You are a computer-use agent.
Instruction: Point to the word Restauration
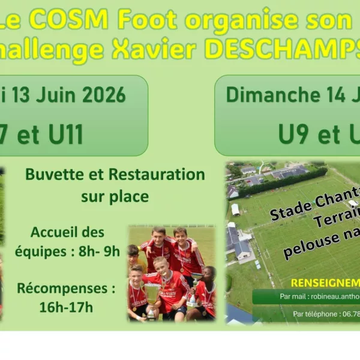156,175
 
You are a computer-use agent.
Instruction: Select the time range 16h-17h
66,307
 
